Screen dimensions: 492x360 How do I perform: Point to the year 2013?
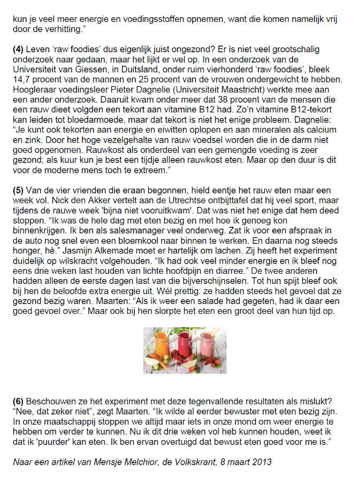click(261, 462)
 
